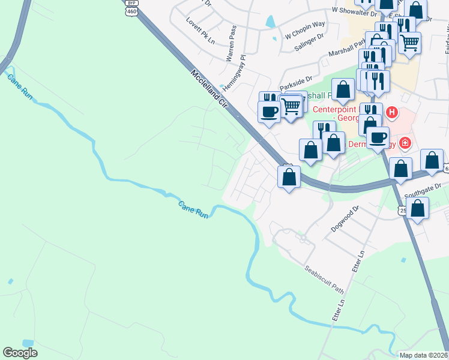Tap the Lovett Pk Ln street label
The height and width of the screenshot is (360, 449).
coord(200,31)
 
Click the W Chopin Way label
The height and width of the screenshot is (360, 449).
coord(304,29)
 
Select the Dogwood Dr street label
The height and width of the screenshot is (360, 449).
coord(345,220)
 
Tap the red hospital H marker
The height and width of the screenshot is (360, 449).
coord(392,112)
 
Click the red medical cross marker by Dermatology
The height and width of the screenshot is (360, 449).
coord(405,143)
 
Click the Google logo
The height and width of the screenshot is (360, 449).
coord(20,353)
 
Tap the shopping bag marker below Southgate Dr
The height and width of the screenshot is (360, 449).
coord(419,208)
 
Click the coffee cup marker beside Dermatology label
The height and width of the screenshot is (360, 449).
coord(378,137)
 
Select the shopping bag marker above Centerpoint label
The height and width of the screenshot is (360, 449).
coord(343,89)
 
